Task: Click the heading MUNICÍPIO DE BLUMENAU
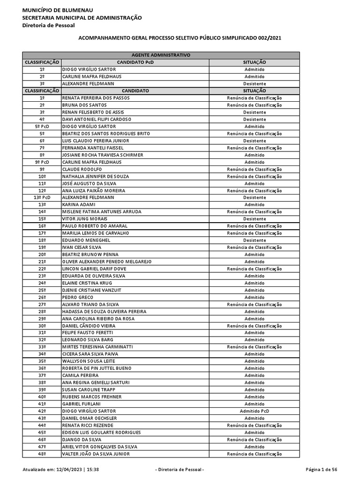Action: tap(58, 10)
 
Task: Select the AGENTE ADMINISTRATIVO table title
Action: tap(160, 55)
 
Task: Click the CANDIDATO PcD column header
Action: tap(135, 62)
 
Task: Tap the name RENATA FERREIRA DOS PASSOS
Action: tap(96, 98)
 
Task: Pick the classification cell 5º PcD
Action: tap(42, 127)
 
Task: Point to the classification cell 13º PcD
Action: tap(42, 197)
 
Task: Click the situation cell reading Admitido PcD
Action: tap(255, 411)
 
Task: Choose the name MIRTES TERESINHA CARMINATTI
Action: tap(97, 347)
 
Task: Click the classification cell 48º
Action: tap(42, 454)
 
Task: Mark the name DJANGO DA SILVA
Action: tap(82, 440)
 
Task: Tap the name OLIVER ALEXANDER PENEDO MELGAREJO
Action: tap(107, 262)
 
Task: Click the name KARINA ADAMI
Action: tap(79, 204)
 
